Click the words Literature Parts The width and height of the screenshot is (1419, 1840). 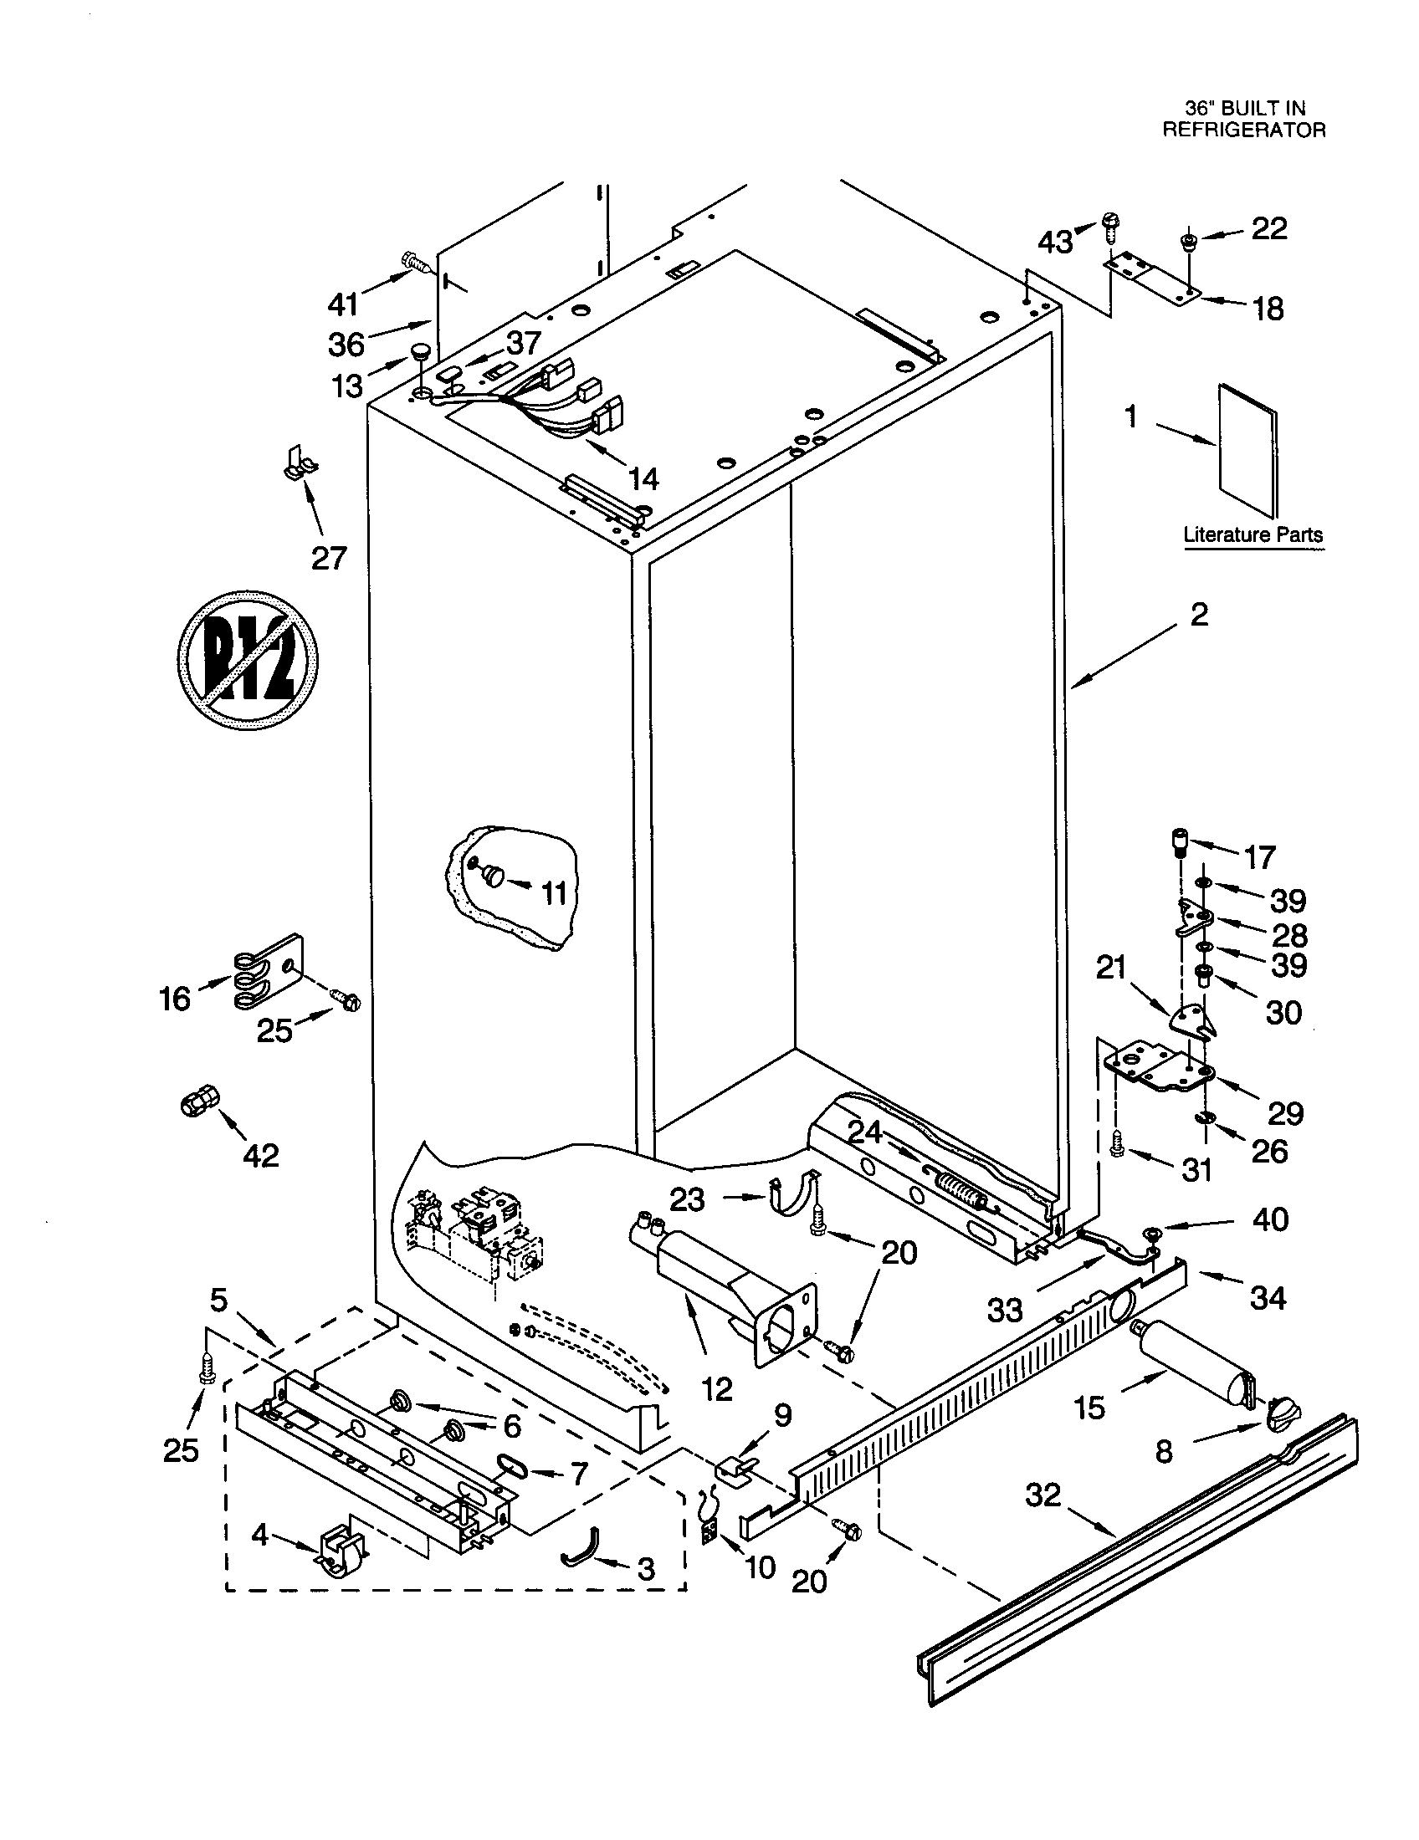[1253, 534]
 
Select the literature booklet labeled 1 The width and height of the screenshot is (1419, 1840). [1248, 450]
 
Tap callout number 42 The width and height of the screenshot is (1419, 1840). [260, 1155]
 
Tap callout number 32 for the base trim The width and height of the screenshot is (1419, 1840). [1043, 1495]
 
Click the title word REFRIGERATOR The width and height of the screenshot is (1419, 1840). [1244, 130]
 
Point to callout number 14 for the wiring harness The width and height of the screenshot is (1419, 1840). [643, 478]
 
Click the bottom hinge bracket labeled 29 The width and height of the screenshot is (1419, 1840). [1159, 1066]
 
